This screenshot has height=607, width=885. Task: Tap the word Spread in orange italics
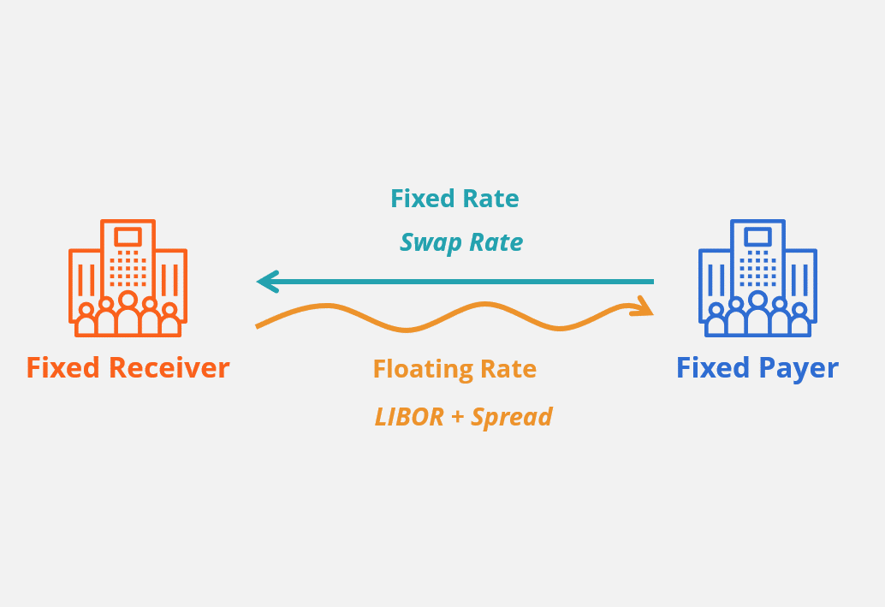(x=512, y=418)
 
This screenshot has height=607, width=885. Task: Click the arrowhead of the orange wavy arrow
(x=642, y=306)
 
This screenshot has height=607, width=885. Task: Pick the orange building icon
(x=128, y=277)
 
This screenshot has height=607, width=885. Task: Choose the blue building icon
(x=757, y=277)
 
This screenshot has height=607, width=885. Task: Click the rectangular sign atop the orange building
(x=128, y=236)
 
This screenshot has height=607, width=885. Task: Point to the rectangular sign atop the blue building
(x=757, y=236)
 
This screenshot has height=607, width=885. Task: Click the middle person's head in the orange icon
(x=128, y=300)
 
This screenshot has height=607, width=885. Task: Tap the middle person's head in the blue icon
(x=757, y=300)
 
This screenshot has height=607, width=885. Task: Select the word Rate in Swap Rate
(x=494, y=243)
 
